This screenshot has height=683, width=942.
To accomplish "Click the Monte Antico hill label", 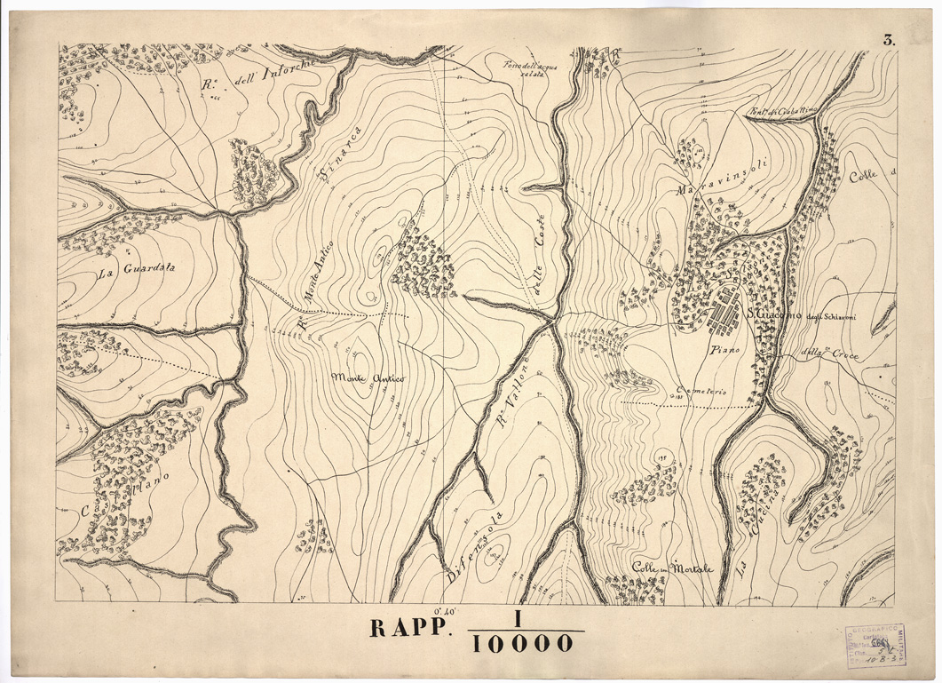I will click(x=368, y=378).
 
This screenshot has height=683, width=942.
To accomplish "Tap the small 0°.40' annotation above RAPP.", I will click(x=445, y=610).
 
